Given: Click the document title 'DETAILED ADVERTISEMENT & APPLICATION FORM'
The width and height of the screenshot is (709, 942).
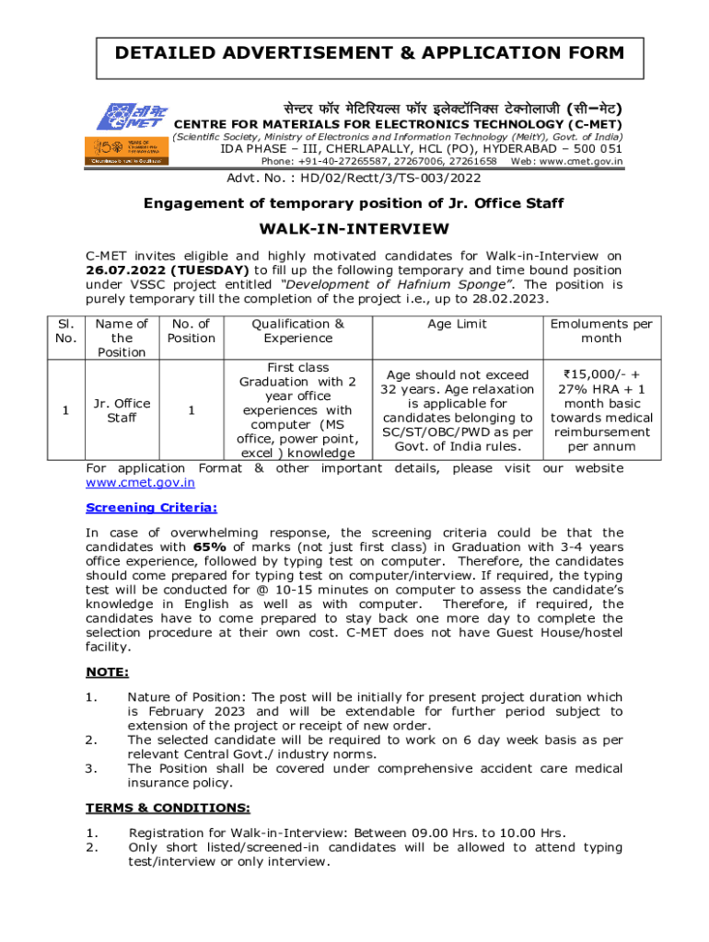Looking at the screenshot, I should (x=369, y=53).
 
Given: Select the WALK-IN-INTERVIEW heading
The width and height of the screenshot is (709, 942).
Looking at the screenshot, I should (x=354, y=228).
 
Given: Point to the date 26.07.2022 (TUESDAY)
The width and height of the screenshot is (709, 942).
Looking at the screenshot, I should (x=167, y=270).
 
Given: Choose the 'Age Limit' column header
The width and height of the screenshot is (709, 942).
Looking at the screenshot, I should (x=458, y=324).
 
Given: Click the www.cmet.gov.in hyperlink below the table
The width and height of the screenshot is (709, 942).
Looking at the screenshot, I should (x=140, y=482).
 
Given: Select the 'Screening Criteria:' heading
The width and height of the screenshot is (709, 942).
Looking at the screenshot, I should (x=151, y=507).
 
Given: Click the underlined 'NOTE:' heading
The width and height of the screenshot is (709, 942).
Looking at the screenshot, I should (x=107, y=672).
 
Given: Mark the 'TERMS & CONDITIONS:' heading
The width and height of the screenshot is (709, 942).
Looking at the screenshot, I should (x=168, y=808).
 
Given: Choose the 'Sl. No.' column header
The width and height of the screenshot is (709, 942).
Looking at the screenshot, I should (x=64, y=330).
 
